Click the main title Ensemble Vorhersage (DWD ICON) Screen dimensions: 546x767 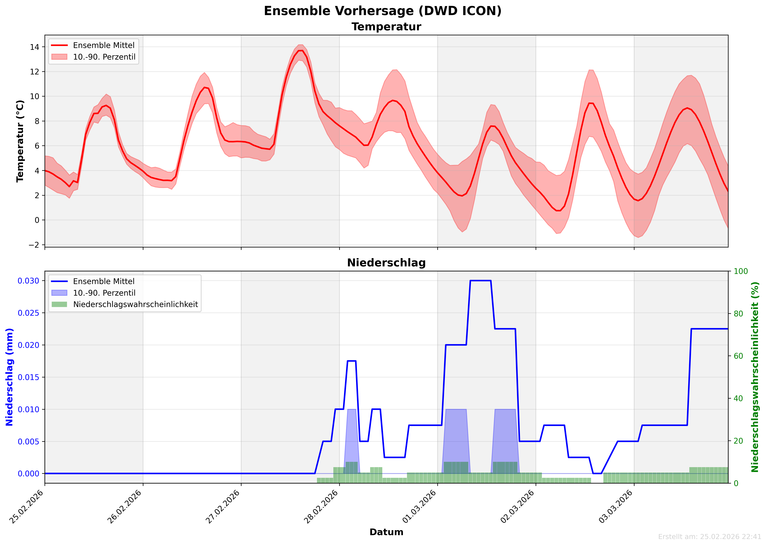[x=383, y=11]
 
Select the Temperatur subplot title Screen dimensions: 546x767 [x=386, y=27]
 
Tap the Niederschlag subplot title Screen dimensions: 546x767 [x=386, y=263]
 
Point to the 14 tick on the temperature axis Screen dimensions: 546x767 [x=35, y=47]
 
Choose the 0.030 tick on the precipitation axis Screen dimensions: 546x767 [x=28, y=281]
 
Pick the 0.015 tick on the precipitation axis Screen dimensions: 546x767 [x=28, y=377]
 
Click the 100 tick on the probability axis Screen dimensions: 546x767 [x=741, y=271]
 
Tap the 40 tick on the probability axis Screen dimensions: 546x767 [x=738, y=398]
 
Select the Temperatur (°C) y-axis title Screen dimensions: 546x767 [x=20, y=141]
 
